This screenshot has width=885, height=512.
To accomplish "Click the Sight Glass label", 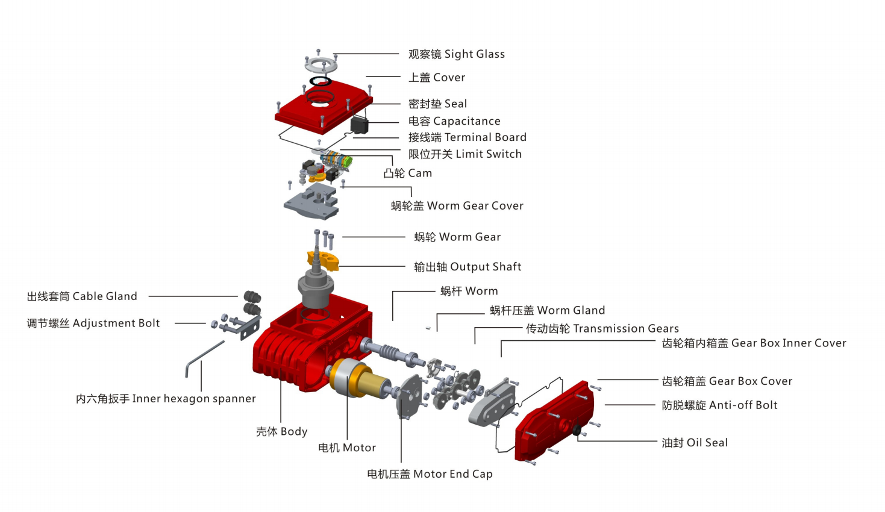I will pos(456,54).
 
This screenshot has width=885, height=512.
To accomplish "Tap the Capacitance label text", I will pos(454,121).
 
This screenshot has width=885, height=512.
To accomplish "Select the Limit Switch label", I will pos(464,154).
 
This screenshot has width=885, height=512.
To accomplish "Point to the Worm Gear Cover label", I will pos(457,206).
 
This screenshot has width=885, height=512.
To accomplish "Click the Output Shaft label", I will pos(467,267).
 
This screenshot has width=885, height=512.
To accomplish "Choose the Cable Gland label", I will pos(82,296).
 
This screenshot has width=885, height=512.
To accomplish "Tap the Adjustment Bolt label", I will pos(93,323).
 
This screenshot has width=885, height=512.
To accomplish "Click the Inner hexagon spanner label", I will pos(166,399).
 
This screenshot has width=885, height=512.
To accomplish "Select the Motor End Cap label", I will pos(430,474).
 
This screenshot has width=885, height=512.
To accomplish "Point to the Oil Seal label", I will pos(694,443).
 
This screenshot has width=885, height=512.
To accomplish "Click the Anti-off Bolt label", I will pos(719,405).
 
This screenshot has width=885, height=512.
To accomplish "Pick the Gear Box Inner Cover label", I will pos(754,343).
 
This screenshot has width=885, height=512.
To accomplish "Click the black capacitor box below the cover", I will pos(359,125).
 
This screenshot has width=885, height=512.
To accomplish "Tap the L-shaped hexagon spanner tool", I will pos(202,356).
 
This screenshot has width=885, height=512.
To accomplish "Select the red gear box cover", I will pos(551,422).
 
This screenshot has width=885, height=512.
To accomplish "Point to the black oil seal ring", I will pos(576,430).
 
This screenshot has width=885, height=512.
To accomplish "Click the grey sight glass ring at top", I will pos(321,64).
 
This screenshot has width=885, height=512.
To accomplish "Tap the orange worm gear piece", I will pos(324,260).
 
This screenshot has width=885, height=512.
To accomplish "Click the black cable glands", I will pos(252,302).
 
